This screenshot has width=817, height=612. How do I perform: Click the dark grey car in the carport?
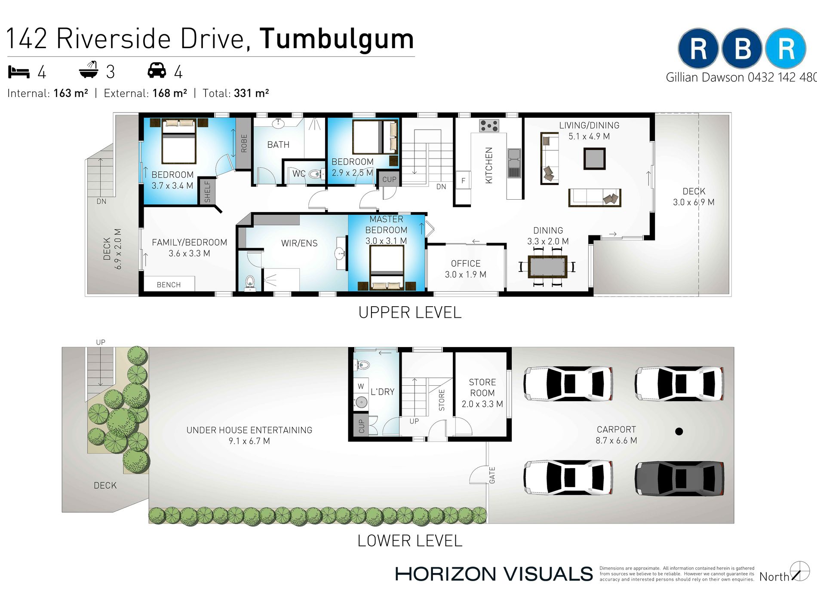pos(679,478)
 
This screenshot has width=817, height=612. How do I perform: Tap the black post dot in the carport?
pos(679,431)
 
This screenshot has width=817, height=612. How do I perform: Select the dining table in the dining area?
pos(547,266)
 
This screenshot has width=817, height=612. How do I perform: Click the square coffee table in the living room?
pos(594,158)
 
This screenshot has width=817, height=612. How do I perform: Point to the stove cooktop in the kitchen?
pos(489,126)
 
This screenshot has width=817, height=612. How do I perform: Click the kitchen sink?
pos(514,163)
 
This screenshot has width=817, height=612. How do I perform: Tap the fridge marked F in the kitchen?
pos(463,181)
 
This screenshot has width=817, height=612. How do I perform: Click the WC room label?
pos(299,174)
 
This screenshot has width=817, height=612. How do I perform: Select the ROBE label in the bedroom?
pos(244,143)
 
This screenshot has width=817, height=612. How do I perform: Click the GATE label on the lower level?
pos(492,475)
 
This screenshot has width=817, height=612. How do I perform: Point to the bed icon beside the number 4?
pos(19,72)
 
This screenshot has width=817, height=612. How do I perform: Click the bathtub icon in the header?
pos(89,70)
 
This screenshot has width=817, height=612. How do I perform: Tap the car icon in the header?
pos(157,70)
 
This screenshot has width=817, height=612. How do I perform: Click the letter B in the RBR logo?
pos(742,49)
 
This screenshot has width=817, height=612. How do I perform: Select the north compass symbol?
pos(800,571)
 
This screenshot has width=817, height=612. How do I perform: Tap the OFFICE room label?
pos(466,264)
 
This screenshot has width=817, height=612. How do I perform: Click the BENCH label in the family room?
pos(169,285)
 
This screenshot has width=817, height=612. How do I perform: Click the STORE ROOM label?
pos(482,387)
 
